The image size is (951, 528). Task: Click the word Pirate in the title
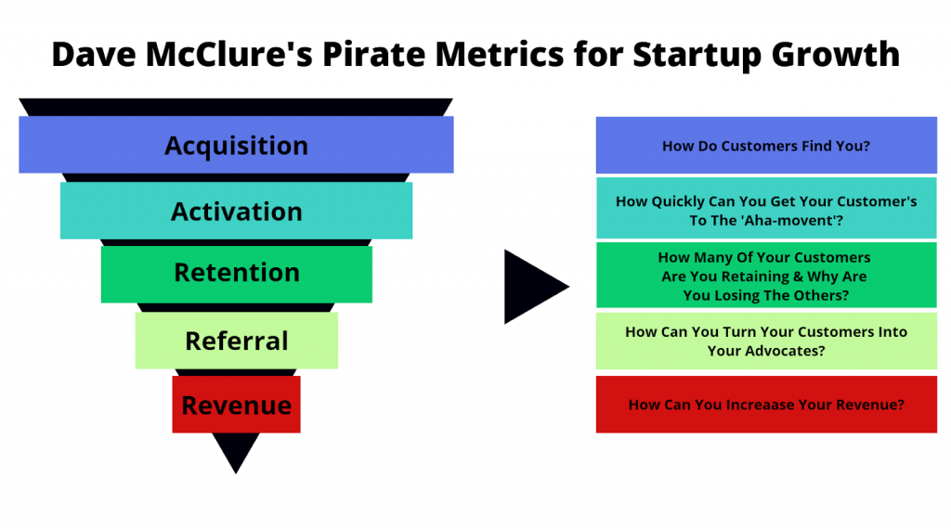click(374, 54)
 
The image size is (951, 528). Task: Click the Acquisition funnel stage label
click(236, 146)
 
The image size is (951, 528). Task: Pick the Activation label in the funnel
click(236, 212)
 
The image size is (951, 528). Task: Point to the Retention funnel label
click(237, 273)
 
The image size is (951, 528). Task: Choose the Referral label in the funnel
click(237, 341)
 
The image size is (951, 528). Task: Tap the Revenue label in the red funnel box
click(237, 405)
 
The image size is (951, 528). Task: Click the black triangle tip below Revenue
click(236, 473)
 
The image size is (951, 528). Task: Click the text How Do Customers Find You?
click(766, 146)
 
